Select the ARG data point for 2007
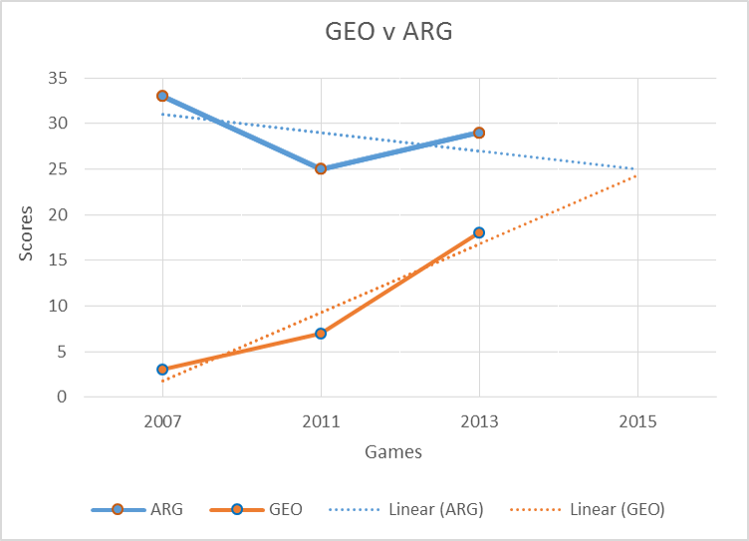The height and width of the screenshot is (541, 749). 162,96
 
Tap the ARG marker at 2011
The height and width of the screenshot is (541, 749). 321,168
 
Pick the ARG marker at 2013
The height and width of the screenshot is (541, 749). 479,133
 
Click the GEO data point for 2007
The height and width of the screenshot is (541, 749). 162,370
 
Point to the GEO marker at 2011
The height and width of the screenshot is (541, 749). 321,333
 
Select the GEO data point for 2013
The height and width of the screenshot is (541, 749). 479,232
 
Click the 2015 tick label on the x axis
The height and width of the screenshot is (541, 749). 637,421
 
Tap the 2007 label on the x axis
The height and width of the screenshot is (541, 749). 162,421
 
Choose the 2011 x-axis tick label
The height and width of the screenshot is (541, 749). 321,421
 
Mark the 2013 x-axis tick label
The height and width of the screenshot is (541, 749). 479,421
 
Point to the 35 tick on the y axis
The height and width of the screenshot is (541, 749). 58,78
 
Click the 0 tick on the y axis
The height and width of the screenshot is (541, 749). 63,397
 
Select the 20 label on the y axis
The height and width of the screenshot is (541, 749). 58,214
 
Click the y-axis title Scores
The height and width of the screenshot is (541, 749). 27,234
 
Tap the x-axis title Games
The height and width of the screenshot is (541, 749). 392,452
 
